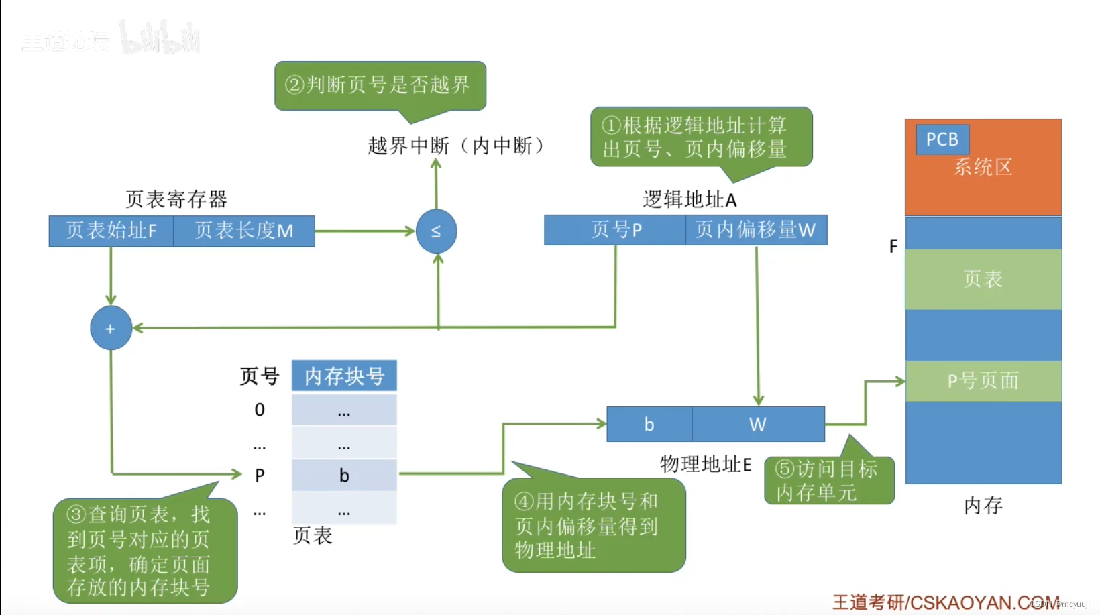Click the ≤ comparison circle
[x=436, y=231]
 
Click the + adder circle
[x=111, y=328]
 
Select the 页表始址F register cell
[x=111, y=231]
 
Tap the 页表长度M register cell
[x=244, y=231]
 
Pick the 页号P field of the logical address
[x=615, y=230]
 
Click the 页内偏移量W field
[x=756, y=230]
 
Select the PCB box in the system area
[x=942, y=139]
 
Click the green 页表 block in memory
[x=983, y=279]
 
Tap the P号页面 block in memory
[x=983, y=381]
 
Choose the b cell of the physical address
[x=649, y=424]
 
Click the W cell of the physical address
[x=758, y=424]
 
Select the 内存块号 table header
[x=344, y=376]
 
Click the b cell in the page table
[x=344, y=476]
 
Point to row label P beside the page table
[x=260, y=476]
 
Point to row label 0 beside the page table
[x=260, y=410]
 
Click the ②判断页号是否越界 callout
[x=380, y=85]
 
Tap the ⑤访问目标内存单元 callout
[x=829, y=480]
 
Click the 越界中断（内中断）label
[x=456, y=146]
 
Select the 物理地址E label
[x=706, y=464]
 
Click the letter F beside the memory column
[x=893, y=247]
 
